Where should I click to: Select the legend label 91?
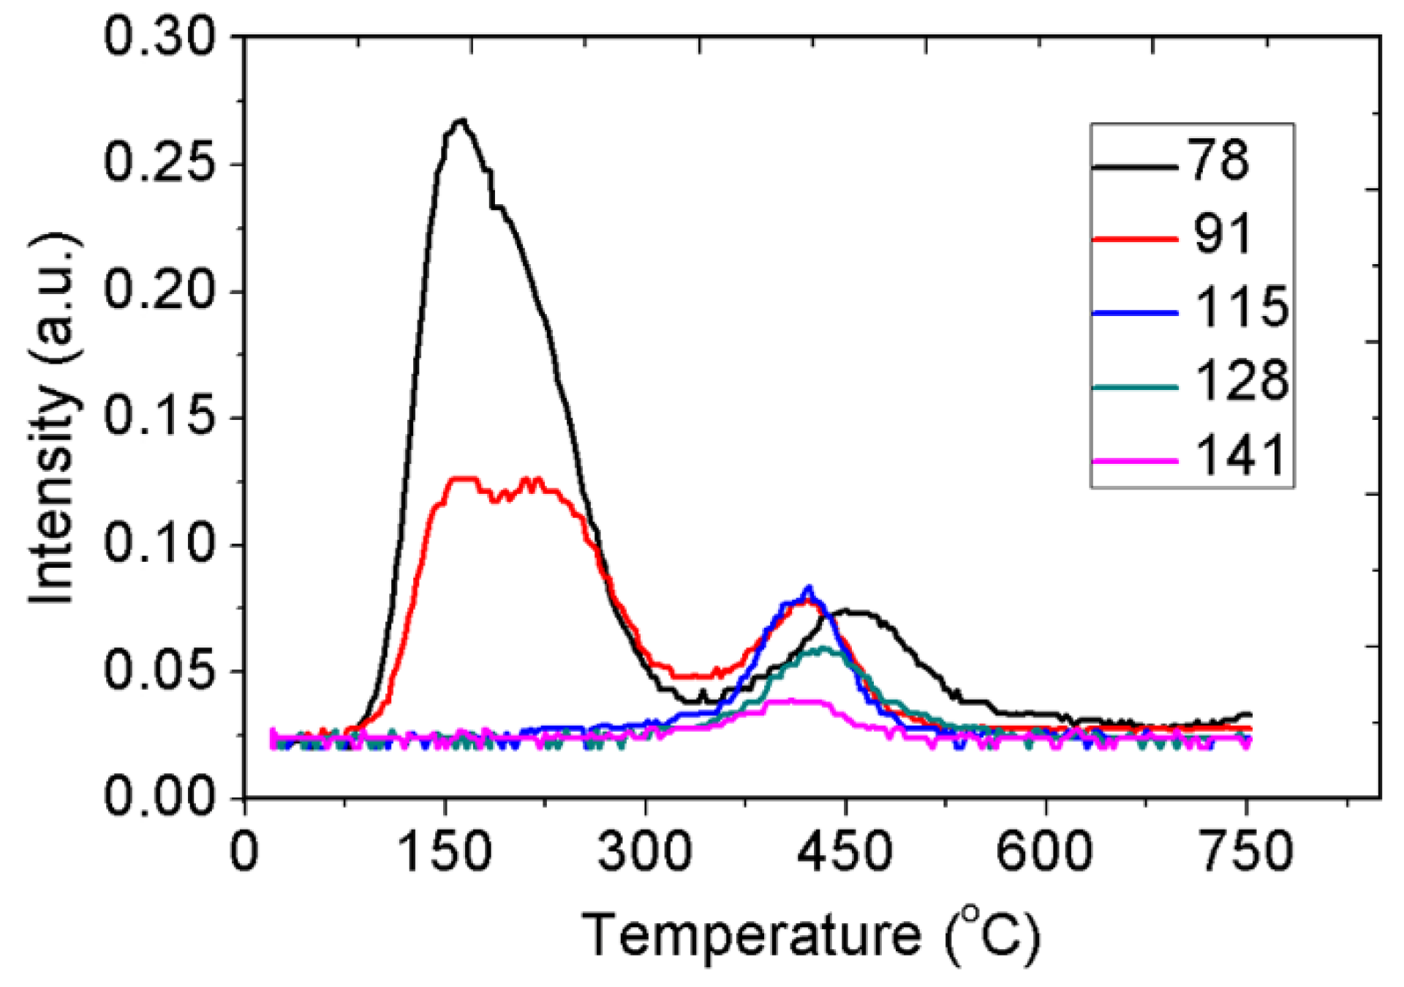click(x=1223, y=234)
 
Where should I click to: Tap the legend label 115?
click(x=1241, y=307)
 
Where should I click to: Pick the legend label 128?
click(x=1241, y=380)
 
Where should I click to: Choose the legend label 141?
click(x=1241, y=455)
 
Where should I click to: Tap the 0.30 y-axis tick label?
click(x=160, y=37)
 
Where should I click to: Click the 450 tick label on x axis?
click(x=845, y=852)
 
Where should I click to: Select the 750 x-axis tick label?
click(x=1246, y=852)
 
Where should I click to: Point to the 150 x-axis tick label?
click(x=445, y=852)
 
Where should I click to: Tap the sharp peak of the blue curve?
click(x=809, y=587)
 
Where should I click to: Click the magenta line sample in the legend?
click(x=1134, y=461)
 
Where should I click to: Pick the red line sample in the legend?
click(x=1134, y=239)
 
